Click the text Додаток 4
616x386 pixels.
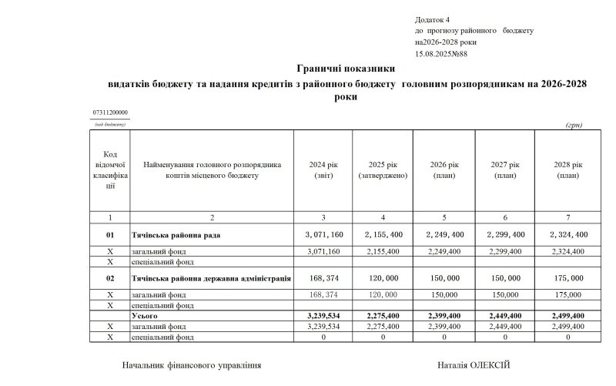(x=432, y=18)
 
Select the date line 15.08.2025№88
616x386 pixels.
(x=441, y=54)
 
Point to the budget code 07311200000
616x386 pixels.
(x=110, y=113)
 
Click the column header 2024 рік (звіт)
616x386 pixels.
(x=323, y=170)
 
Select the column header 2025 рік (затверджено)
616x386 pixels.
(x=383, y=170)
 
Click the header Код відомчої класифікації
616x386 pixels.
(x=109, y=170)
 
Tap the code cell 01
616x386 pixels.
(x=109, y=234)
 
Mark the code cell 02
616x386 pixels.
(x=109, y=277)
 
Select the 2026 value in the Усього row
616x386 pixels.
(x=444, y=316)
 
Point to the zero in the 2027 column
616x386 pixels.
(x=506, y=337)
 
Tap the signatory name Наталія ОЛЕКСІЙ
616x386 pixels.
(x=474, y=365)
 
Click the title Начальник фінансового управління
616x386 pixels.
(x=192, y=365)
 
